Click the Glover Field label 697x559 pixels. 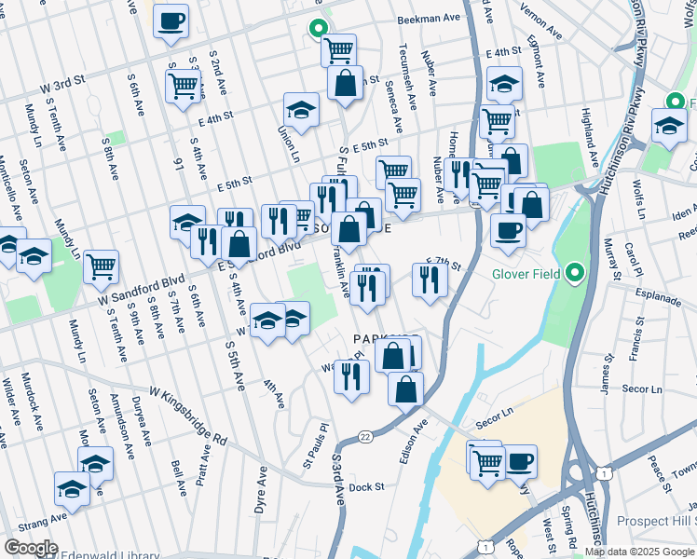click(x=526, y=275)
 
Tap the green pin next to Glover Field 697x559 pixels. click(x=575, y=274)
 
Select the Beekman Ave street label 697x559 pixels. click(x=429, y=19)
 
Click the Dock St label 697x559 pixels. click(x=367, y=486)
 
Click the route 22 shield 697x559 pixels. click(x=363, y=436)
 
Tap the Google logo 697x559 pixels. click(x=31, y=548)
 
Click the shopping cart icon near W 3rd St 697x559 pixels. click(x=184, y=85)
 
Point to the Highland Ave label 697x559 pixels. click(x=590, y=134)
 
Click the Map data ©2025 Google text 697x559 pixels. click(x=640, y=552)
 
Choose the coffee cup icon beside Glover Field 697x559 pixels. click(x=508, y=229)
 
